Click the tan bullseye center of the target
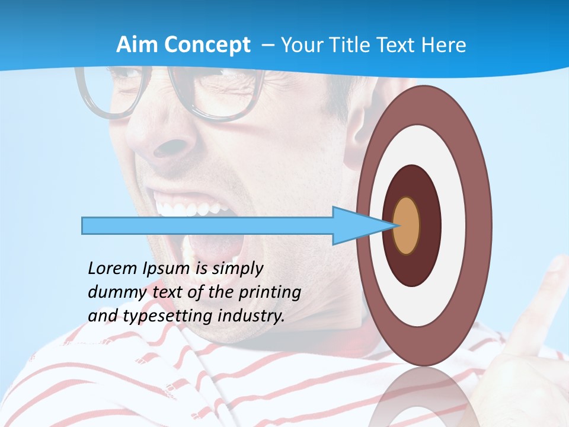click(407, 225)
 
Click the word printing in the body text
click(269, 292)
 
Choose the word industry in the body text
click(251, 316)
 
